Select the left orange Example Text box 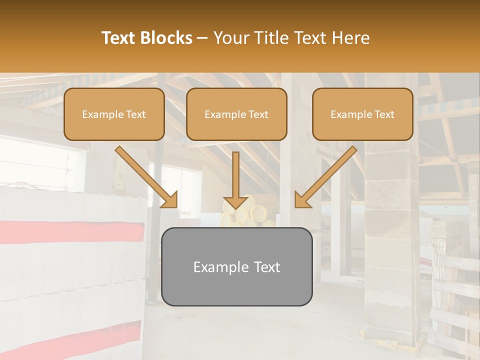click(114, 114)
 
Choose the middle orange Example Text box click(236, 114)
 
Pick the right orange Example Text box click(362, 114)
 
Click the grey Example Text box click(236, 266)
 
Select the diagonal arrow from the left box click(147, 177)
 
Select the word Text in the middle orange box click(258, 114)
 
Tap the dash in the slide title click(202, 38)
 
